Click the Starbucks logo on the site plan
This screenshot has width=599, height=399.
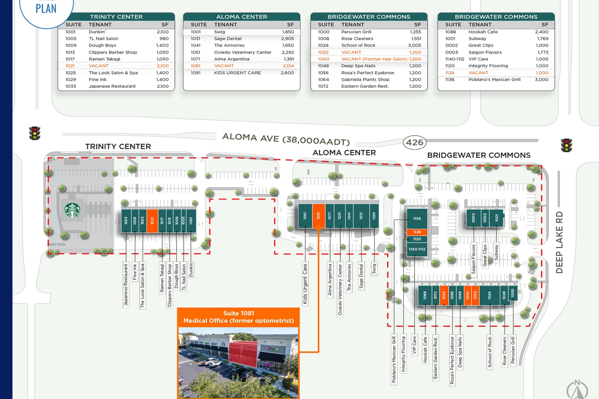coord(72,210)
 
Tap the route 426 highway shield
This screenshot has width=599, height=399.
coord(415,142)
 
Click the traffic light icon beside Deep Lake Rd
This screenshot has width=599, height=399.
coord(566,145)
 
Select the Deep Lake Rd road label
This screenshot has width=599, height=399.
coord(559,242)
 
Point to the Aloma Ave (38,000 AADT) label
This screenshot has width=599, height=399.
coord(286,139)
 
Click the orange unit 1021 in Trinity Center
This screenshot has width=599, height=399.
coord(152,220)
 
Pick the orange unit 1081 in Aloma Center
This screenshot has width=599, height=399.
coord(319,215)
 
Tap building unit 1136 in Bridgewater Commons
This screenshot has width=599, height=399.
coord(417,219)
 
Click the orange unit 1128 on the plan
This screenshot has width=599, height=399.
coord(417,232)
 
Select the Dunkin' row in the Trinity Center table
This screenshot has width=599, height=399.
coord(116,32)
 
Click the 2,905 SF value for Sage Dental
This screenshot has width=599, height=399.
coord(288,39)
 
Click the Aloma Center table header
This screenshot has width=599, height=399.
coord(242,17)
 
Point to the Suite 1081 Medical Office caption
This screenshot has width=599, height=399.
coord(239,317)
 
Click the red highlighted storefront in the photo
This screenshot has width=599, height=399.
coord(243,354)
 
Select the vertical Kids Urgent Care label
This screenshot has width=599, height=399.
coord(305,284)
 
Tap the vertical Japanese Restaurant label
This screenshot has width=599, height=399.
coord(126,285)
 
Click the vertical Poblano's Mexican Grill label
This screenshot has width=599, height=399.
coord(394,359)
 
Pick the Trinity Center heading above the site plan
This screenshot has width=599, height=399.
coord(118,146)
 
